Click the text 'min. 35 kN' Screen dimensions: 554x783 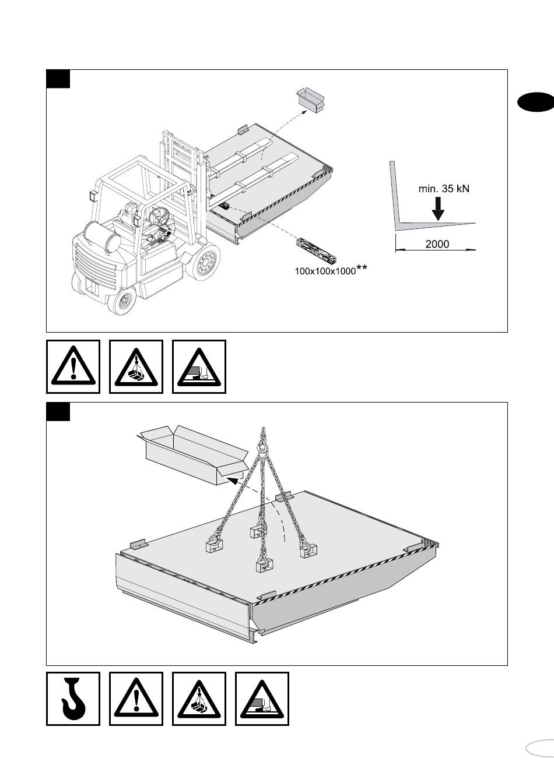coord(444,188)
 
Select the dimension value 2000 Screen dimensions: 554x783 coord(437,244)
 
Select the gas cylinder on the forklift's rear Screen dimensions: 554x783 coord(103,236)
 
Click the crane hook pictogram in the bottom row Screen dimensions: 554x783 coord(73,699)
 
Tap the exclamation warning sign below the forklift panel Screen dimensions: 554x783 coord(73,366)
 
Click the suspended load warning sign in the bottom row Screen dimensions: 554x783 coord(199,699)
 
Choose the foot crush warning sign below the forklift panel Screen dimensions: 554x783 coord(199,366)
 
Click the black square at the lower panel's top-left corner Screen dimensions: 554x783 coord(58,411)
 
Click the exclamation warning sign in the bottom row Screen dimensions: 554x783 coord(136,699)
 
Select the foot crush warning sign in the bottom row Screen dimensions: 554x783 coord(262,699)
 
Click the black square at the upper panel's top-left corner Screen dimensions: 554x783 coord(58,79)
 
